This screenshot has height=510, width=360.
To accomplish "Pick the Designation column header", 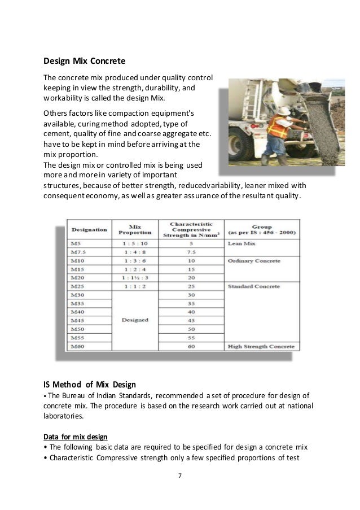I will [89, 229].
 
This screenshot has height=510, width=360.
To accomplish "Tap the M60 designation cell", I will [76, 346].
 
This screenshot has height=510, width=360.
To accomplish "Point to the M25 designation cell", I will [76, 286].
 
